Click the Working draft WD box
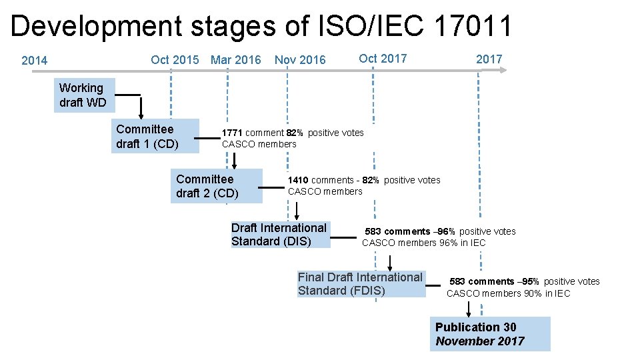tap(84, 95)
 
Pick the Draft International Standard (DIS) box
tap(280, 235)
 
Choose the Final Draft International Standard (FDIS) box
tap(361, 283)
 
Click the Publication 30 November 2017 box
tap(490, 334)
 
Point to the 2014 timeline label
tap(35, 61)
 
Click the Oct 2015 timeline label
tap(175, 60)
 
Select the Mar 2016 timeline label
tap(235, 60)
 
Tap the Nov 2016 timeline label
tap(300, 60)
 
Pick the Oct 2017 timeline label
tap(383, 58)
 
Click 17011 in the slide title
tap(473, 26)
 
